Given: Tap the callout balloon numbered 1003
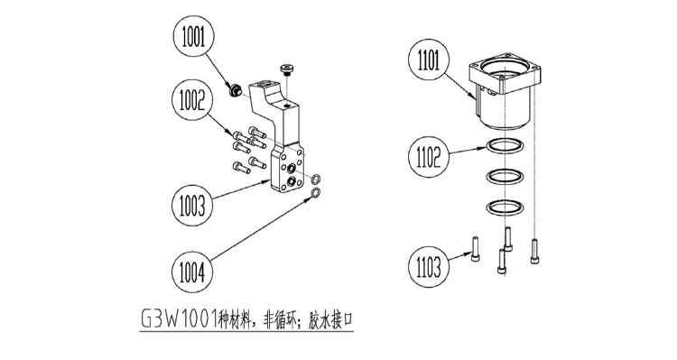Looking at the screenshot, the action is click(x=192, y=205).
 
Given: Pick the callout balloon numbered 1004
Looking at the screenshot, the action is click(x=192, y=272).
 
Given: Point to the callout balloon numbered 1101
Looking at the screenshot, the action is click(x=428, y=60).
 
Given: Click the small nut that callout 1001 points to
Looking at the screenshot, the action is click(x=235, y=91).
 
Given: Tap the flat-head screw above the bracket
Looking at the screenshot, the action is click(x=286, y=69).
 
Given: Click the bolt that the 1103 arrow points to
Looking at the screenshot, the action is click(x=476, y=249).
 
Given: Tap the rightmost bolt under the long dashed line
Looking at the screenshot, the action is click(x=535, y=251).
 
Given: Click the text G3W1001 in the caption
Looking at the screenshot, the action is click(x=180, y=320).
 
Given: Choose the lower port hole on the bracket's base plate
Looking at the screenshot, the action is click(x=292, y=180).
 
